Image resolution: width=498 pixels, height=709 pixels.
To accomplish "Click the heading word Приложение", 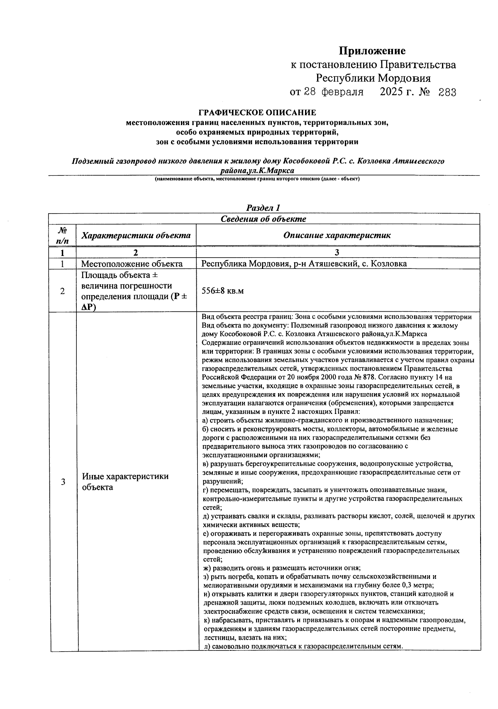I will tap(372, 51).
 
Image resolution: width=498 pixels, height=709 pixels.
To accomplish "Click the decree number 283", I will tap(447, 92).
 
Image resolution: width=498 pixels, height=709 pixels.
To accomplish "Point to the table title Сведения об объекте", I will tap(263, 219).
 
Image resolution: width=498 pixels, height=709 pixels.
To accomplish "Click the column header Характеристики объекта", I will tap(136, 236).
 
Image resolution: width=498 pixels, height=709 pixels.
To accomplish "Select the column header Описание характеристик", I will tap(337, 235).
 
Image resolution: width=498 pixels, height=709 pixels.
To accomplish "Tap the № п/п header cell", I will tap(62, 235).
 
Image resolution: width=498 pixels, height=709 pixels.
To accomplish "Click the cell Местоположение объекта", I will tap(132, 264).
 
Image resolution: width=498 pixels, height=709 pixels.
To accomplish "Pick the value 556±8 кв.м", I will tap(222, 291).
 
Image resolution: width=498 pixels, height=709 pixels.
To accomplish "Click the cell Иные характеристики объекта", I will tap(125, 482).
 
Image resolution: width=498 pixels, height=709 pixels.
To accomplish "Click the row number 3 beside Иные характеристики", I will tap(63, 482).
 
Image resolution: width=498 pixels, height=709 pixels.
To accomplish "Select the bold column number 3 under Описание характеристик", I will tap(337, 253).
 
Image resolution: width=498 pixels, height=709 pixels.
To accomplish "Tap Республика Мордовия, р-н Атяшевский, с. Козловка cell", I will tap(304, 264).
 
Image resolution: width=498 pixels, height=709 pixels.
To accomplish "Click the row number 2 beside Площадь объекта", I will tap(62, 291).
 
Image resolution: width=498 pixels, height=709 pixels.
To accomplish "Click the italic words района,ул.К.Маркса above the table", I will tap(258, 170).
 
